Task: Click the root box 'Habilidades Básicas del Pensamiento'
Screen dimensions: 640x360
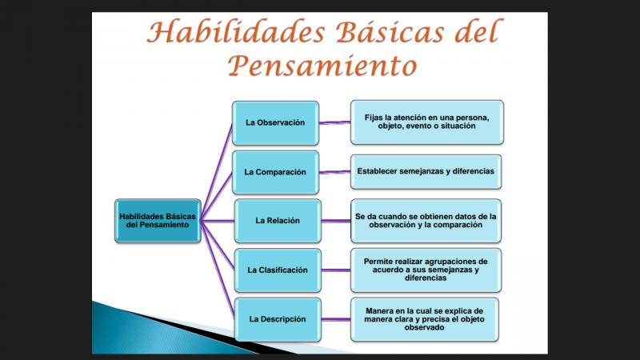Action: click(x=158, y=221)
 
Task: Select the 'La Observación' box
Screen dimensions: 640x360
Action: click(x=275, y=123)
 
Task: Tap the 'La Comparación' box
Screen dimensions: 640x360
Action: click(x=275, y=172)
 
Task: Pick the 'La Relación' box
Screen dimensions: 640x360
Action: click(x=278, y=221)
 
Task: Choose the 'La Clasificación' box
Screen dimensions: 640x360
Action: click(x=278, y=270)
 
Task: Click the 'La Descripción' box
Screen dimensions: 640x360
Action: click(x=278, y=319)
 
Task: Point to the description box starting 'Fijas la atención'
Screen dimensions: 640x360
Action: click(x=427, y=122)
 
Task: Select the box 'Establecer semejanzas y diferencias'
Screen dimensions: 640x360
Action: click(x=426, y=172)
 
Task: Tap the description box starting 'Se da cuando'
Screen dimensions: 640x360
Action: click(x=426, y=221)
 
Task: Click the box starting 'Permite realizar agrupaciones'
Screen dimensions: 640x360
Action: click(x=426, y=270)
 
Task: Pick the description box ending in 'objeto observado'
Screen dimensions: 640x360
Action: click(x=425, y=319)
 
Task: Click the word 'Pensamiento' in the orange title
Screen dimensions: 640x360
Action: click(x=322, y=66)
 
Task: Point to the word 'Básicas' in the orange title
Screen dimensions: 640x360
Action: click(x=390, y=31)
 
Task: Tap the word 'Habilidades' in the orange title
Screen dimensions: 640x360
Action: click(x=236, y=31)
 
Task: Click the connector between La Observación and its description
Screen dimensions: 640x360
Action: click(x=334, y=122)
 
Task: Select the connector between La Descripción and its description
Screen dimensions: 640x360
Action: click(x=335, y=319)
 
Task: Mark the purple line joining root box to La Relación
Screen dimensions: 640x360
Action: click(x=218, y=221)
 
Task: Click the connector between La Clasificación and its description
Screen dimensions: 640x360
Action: click(x=335, y=270)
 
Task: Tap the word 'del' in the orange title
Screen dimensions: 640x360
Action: click(x=476, y=31)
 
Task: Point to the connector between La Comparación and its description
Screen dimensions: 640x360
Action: click(x=334, y=172)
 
